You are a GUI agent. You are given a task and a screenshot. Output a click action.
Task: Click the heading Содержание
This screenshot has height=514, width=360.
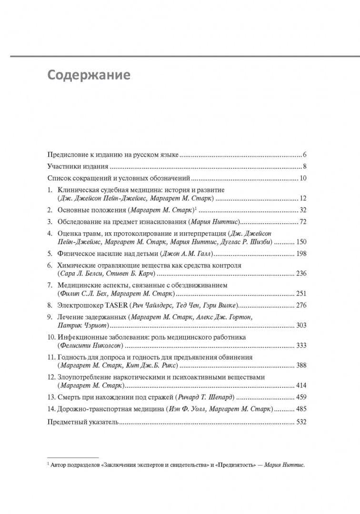(x=89, y=75)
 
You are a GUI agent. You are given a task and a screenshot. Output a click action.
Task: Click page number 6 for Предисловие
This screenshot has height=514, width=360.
(x=304, y=155)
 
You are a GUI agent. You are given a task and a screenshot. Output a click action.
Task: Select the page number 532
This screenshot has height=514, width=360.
(x=301, y=422)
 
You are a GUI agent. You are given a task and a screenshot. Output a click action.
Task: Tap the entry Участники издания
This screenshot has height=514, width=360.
(x=78, y=167)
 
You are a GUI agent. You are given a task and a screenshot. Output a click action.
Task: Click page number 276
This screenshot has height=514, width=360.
(x=301, y=305)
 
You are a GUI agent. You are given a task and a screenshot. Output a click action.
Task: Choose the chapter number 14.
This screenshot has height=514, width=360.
(x=51, y=409)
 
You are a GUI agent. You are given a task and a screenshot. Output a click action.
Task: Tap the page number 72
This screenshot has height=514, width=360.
(x=302, y=222)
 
